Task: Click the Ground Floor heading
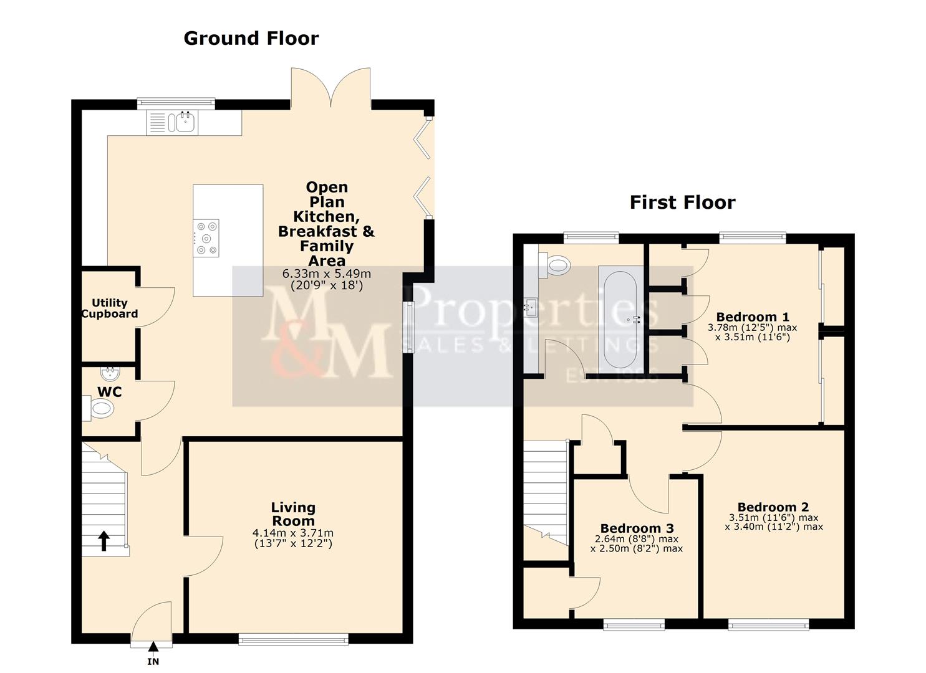(x=251, y=39)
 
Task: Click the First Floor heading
(x=682, y=203)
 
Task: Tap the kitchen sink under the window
(x=185, y=123)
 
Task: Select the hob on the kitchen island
(x=206, y=238)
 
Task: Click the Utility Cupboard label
(x=110, y=308)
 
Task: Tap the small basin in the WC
(x=110, y=373)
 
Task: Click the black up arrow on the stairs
(x=103, y=541)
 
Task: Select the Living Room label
(x=293, y=514)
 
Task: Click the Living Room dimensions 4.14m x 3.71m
(x=293, y=533)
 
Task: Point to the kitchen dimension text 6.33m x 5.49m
(x=327, y=274)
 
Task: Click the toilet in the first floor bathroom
(x=556, y=265)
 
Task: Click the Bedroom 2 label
(x=773, y=507)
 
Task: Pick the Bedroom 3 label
(x=637, y=528)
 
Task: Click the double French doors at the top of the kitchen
(x=331, y=87)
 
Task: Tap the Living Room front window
(x=293, y=638)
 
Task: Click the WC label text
(x=109, y=392)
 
